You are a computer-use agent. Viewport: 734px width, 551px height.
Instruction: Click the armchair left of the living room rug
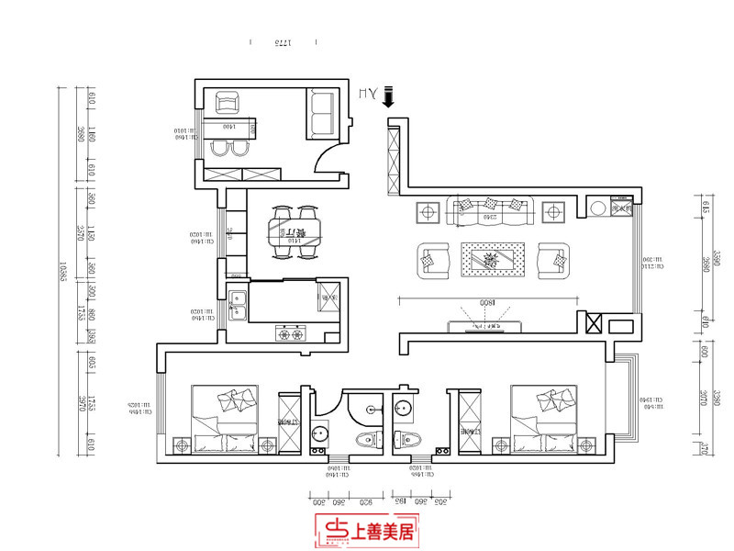tap(433, 260)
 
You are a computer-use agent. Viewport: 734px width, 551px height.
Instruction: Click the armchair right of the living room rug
tap(552, 260)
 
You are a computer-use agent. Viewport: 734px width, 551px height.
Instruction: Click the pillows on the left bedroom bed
tap(237, 401)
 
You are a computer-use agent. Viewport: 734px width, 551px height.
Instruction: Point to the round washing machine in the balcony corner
tap(598, 208)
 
